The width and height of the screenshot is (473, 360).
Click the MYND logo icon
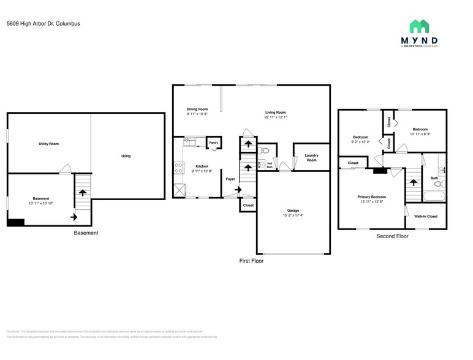[x=419, y=26]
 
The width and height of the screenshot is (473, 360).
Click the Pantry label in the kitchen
[x=213, y=143]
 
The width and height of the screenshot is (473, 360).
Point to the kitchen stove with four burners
[x=179, y=167]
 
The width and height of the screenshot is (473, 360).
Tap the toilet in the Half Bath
[x=263, y=150]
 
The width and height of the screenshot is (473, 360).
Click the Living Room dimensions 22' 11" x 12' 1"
[x=275, y=118]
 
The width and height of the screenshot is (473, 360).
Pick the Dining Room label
[x=197, y=109]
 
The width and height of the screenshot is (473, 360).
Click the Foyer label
[x=230, y=179]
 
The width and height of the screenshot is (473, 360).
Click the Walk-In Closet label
[x=425, y=216]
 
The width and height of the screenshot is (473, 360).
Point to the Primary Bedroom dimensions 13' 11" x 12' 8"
[x=371, y=202]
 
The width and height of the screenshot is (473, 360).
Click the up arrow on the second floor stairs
[x=414, y=182]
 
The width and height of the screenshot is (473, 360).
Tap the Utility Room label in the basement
[x=48, y=144]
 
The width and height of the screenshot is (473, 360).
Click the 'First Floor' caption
[x=251, y=260]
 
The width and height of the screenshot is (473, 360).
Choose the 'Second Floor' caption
[x=392, y=236]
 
